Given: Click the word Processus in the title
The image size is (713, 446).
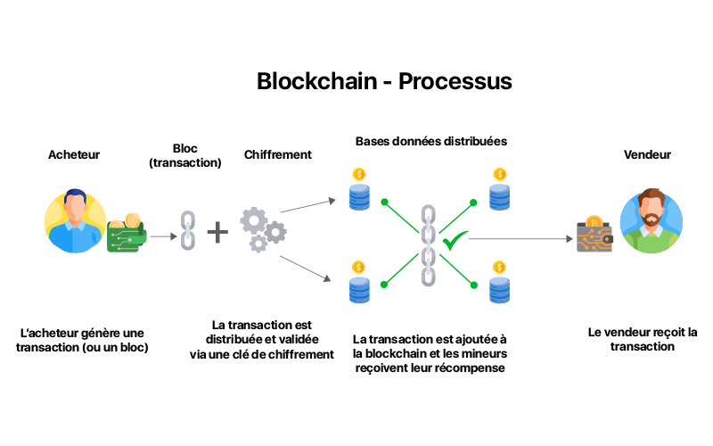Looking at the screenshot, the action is [455, 82].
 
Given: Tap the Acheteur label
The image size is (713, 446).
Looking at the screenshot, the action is [74, 154].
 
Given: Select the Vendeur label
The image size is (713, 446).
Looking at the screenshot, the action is [647, 154].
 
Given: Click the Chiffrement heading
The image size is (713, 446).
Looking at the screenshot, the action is [278, 154].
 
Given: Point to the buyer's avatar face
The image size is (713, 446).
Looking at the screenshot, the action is [75, 207].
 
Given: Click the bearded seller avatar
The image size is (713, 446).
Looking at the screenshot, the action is [652, 220].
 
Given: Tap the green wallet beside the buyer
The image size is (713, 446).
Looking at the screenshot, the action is [127, 233].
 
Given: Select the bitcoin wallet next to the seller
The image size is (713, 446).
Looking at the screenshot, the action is [594, 234].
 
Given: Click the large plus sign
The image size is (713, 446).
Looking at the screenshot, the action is [217, 233].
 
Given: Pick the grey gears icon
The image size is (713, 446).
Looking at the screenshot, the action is [263, 230].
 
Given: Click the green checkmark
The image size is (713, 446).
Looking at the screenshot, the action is [455, 239].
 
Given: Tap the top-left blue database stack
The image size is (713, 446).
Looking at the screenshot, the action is [359, 196].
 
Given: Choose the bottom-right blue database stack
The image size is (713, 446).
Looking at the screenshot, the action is [499, 290].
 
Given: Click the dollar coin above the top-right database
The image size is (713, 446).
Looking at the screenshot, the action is [500, 174].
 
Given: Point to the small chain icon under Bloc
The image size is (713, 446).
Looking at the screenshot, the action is [188, 230].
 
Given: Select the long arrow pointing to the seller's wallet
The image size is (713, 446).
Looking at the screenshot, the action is [520, 238].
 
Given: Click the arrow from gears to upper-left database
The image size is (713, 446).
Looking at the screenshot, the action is [307, 206].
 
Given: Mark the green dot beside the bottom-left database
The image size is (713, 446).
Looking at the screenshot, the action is [384, 285].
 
